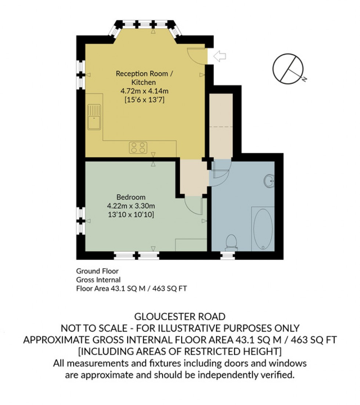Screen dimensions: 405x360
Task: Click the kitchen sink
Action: tap(94, 117)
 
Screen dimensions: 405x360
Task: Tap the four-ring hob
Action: tap(138, 148)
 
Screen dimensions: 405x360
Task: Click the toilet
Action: tap(231, 242)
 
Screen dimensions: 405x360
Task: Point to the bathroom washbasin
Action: tap(270, 180)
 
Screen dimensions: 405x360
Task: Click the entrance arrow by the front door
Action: tap(220, 56)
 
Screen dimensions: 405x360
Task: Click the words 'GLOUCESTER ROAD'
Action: tap(180, 316)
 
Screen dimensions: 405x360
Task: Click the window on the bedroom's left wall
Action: tap(80, 221)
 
